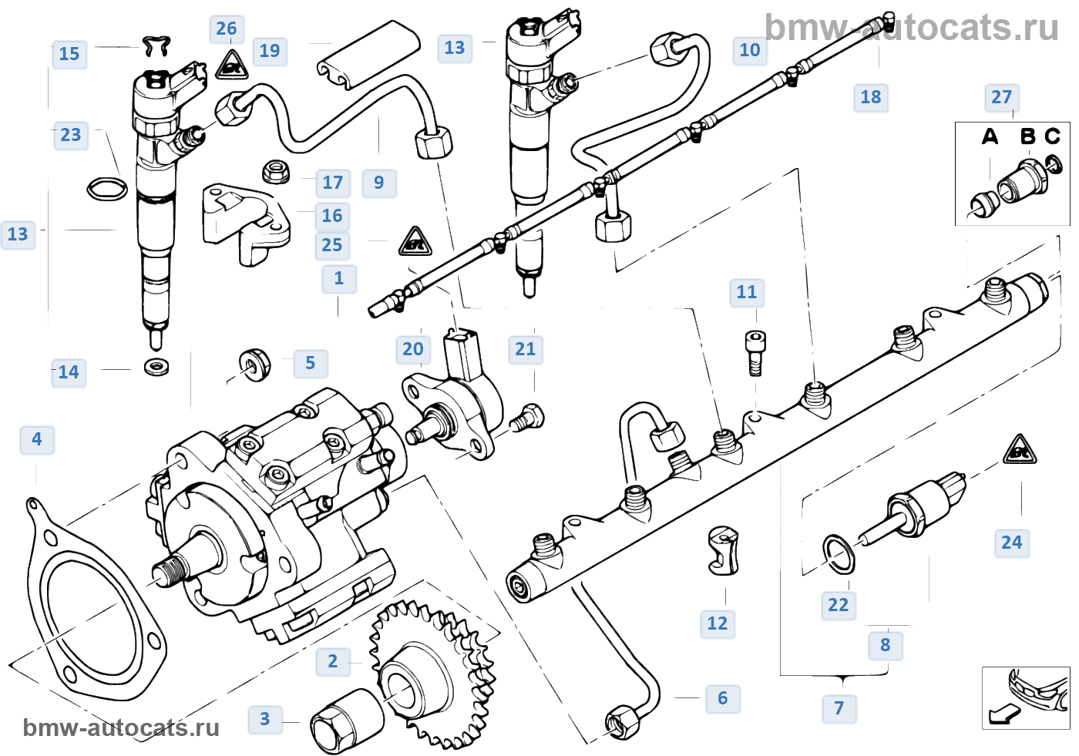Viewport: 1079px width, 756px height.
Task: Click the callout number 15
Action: point(69,54)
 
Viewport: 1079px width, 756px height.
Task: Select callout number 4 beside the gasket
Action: point(37,439)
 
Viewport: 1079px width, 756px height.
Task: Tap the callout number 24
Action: point(1012,543)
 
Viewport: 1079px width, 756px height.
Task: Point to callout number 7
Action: point(839,708)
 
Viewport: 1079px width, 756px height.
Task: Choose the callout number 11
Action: point(747,292)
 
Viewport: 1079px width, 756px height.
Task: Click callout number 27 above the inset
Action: point(1002,97)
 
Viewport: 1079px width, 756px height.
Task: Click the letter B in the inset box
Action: point(1027,136)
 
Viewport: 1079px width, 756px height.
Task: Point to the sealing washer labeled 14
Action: point(157,366)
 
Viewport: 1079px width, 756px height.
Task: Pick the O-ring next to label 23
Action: point(106,188)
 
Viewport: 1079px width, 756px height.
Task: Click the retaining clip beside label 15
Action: point(156,46)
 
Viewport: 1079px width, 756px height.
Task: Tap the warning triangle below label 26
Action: point(230,66)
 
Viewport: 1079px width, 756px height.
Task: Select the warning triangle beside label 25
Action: point(415,242)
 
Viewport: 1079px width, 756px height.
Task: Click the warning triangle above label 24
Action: point(1019,451)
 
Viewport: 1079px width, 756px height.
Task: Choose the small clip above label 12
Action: point(724,550)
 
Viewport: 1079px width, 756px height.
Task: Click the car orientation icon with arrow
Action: point(1025,697)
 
